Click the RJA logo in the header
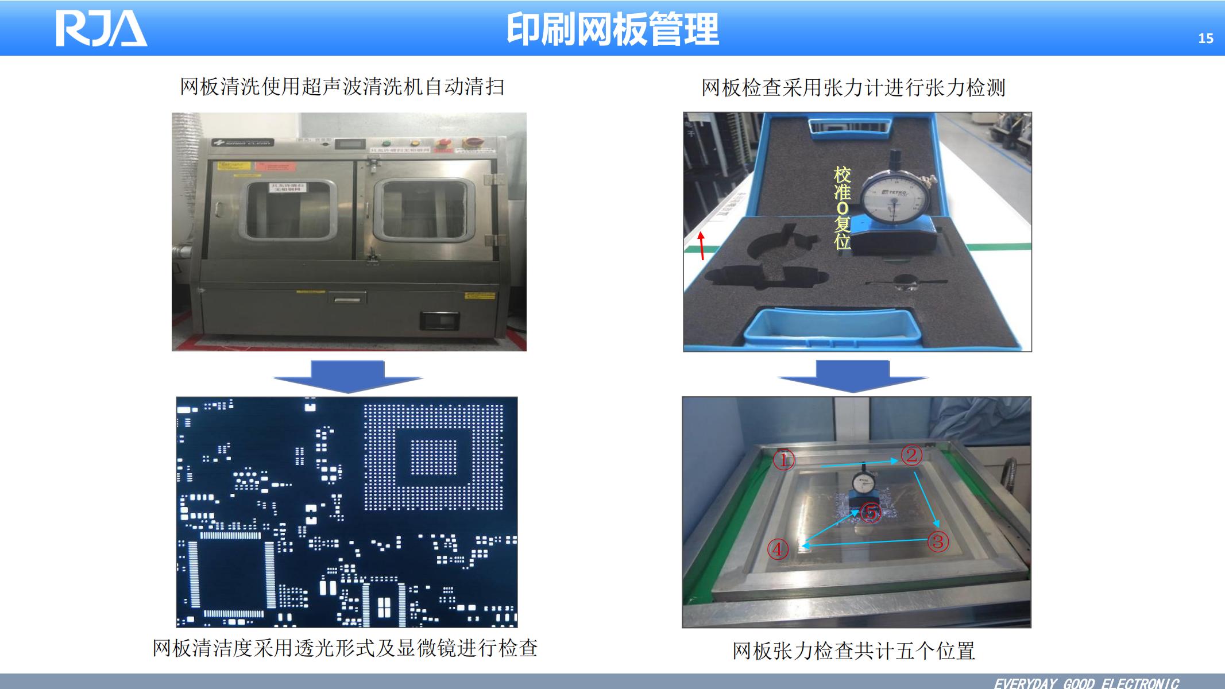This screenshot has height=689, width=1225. pyautogui.click(x=101, y=29)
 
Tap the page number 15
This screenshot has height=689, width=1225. pyautogui.click(x=1205, y=38)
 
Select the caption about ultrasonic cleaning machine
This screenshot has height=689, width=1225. pyautogui.click(x=342, y=87)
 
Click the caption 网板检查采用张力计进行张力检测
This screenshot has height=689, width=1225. pyautogui.click(x=853, y=88)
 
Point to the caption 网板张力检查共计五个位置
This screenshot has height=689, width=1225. pyautogui.click(x=853, y=651)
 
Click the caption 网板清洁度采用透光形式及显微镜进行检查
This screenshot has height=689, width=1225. pyautogui.click(x=345, y=648)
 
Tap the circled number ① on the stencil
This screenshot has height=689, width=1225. pyautogui.click(x=784, y=460)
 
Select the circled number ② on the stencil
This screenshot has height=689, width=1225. pyautogui.click(x=911, y=455)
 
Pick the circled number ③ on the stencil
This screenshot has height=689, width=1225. pyautogui.click(x=938, y=541)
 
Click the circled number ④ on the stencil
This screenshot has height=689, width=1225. pyautogui.click(x=778, y=549)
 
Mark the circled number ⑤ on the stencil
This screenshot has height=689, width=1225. pyautogui.click(x=871, y=512)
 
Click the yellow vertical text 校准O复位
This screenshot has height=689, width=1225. pyautogui.click(x=842, y=208)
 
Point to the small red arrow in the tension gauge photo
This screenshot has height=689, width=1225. pyautogui.click(x=701, y=246)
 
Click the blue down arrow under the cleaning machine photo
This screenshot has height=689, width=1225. pyautogui.click(x=347, y=376)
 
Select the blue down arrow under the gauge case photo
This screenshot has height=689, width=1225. pyautogui.click(x=853, y=376)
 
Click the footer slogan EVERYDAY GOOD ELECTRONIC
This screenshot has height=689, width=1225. pyautogui.click(x=1087, y=683)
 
